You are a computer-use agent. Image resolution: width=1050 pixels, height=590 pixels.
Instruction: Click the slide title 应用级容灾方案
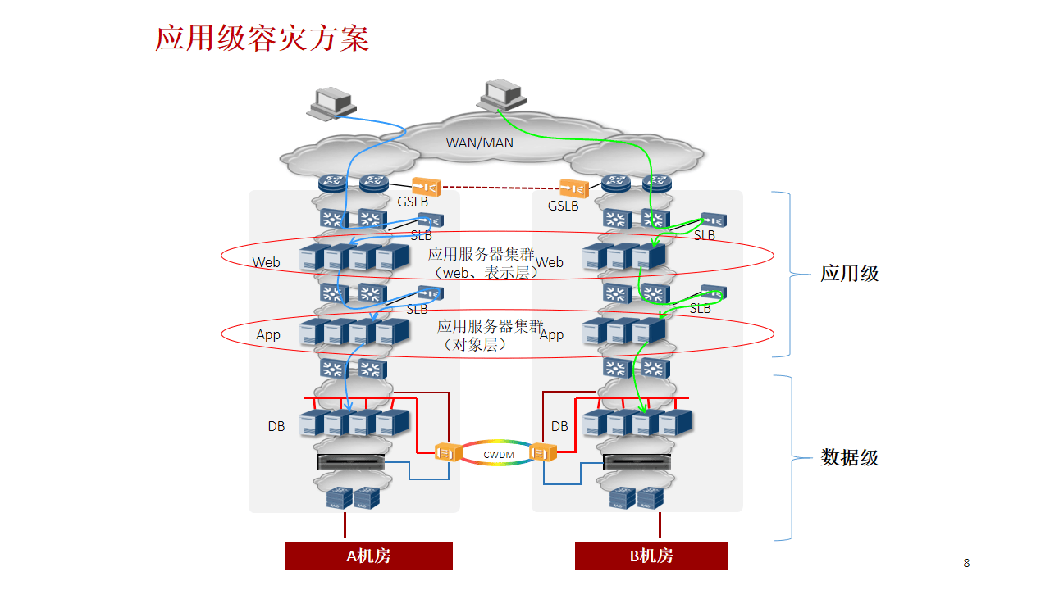[x=262, y=39]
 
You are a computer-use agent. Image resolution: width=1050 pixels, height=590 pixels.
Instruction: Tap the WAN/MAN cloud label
[x=479, y=143]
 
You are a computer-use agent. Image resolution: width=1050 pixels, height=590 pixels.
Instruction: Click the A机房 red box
[x=369, y=556]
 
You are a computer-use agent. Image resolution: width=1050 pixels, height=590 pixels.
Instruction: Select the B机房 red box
[x=651, y=556]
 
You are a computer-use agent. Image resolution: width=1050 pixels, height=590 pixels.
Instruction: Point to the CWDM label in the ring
[x=499, y=455]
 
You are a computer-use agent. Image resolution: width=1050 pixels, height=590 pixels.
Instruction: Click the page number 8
[x=966, y=563]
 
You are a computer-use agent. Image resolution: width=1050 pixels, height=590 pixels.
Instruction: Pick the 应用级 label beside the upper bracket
[x=849, y=274]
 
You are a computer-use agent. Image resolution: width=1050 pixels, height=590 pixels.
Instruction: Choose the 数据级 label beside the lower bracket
[x=849, y=457]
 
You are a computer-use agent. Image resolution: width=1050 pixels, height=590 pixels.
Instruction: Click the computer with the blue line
[x=332, y=103]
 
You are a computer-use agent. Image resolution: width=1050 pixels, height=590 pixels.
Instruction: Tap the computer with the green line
[x=501, y=96]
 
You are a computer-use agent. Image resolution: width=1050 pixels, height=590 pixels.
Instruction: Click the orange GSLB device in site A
[x=426, y=187]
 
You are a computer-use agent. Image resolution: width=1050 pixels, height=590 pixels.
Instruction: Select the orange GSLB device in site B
[x=574, y=188]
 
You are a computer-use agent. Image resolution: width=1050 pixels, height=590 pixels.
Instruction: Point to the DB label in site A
[x=276, y=426]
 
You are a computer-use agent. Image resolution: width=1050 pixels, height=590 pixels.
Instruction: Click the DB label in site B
[x=559, y=426]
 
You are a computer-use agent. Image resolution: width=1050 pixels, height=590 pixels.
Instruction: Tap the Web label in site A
[x=266, y=262]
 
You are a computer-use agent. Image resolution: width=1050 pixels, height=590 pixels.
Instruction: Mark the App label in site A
[x=268, y=335]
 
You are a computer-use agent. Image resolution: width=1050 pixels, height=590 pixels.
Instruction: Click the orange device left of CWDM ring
[x=447, y=452]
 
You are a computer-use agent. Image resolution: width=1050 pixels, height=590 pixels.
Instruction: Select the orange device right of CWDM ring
[x=543, y=452]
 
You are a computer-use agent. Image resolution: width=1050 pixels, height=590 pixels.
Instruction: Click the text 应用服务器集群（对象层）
[x=491, y=335]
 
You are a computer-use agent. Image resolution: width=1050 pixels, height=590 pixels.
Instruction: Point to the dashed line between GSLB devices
[x=500, y=188]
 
